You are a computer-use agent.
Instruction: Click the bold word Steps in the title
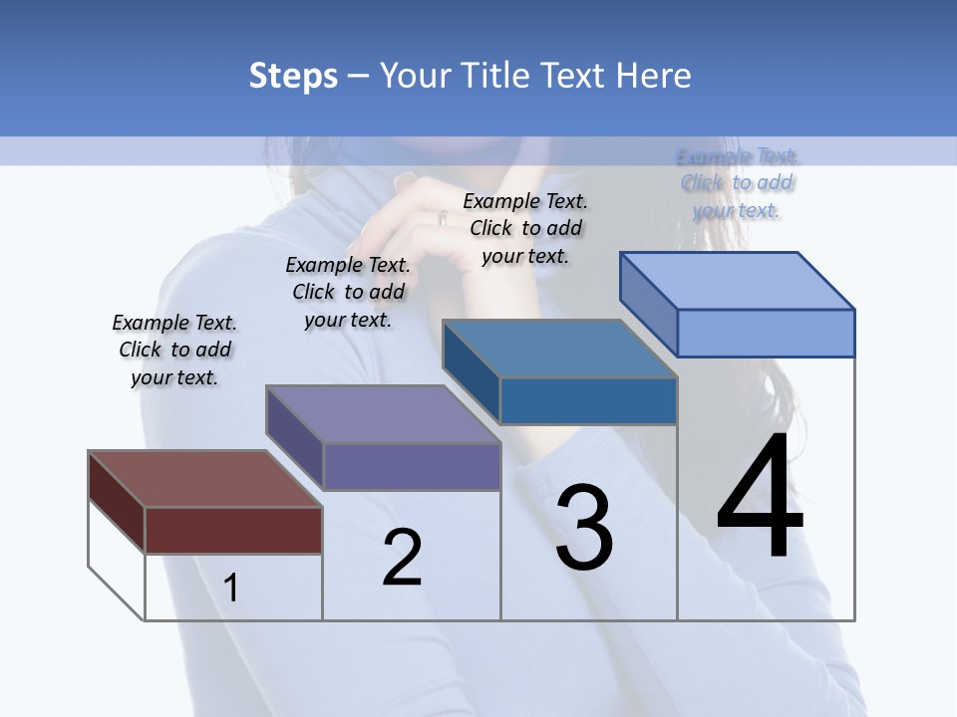293,76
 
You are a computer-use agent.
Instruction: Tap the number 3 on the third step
584,528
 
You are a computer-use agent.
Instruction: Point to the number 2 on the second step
402,558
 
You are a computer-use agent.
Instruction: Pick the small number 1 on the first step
231,589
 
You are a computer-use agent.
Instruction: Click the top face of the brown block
203,479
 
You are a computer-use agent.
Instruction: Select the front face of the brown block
233,530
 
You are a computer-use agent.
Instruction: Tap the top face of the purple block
383,414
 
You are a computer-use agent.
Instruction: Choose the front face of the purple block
412,466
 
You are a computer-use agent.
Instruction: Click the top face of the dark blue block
559,349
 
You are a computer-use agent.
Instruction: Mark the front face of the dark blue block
588,400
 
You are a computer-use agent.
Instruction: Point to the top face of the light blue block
738,281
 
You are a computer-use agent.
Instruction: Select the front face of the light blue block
766,333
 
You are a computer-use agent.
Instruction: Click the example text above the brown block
174,351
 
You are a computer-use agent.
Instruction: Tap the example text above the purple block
348,292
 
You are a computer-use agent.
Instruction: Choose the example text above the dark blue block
525,228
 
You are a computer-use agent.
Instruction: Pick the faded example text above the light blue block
737,183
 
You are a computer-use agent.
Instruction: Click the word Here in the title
654,76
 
